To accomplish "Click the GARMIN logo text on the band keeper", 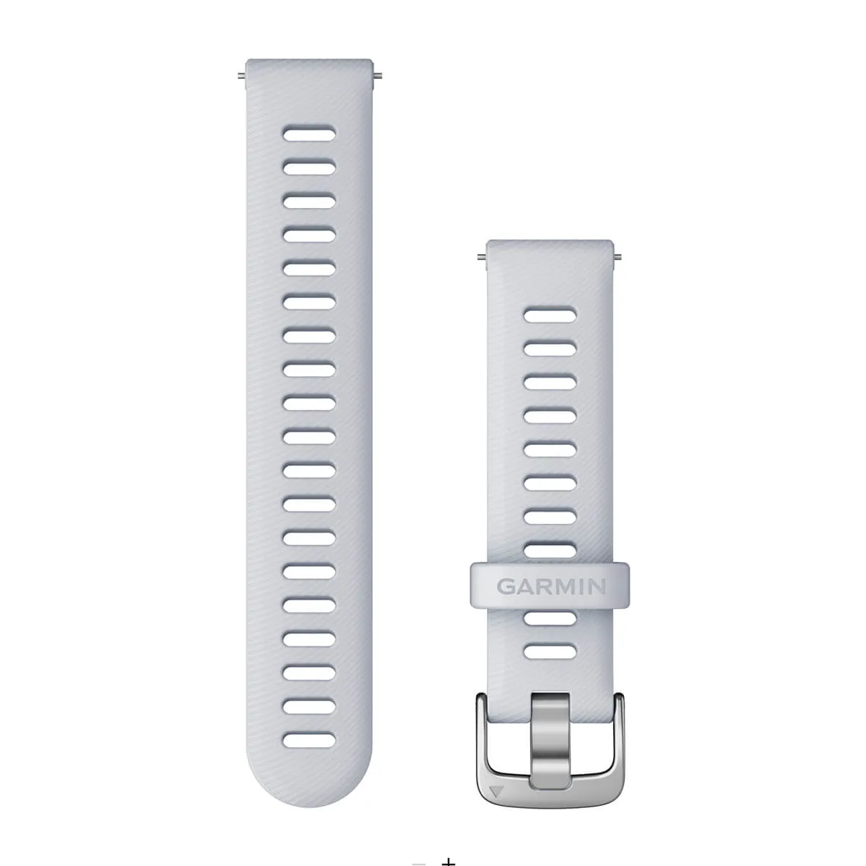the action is point(551,586).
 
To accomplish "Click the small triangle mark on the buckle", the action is point(496,791).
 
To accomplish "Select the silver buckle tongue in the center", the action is point(550,740).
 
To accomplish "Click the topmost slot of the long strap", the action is point(309,133).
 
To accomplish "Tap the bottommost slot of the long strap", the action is point(309,740).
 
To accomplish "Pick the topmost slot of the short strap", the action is point(550,315).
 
